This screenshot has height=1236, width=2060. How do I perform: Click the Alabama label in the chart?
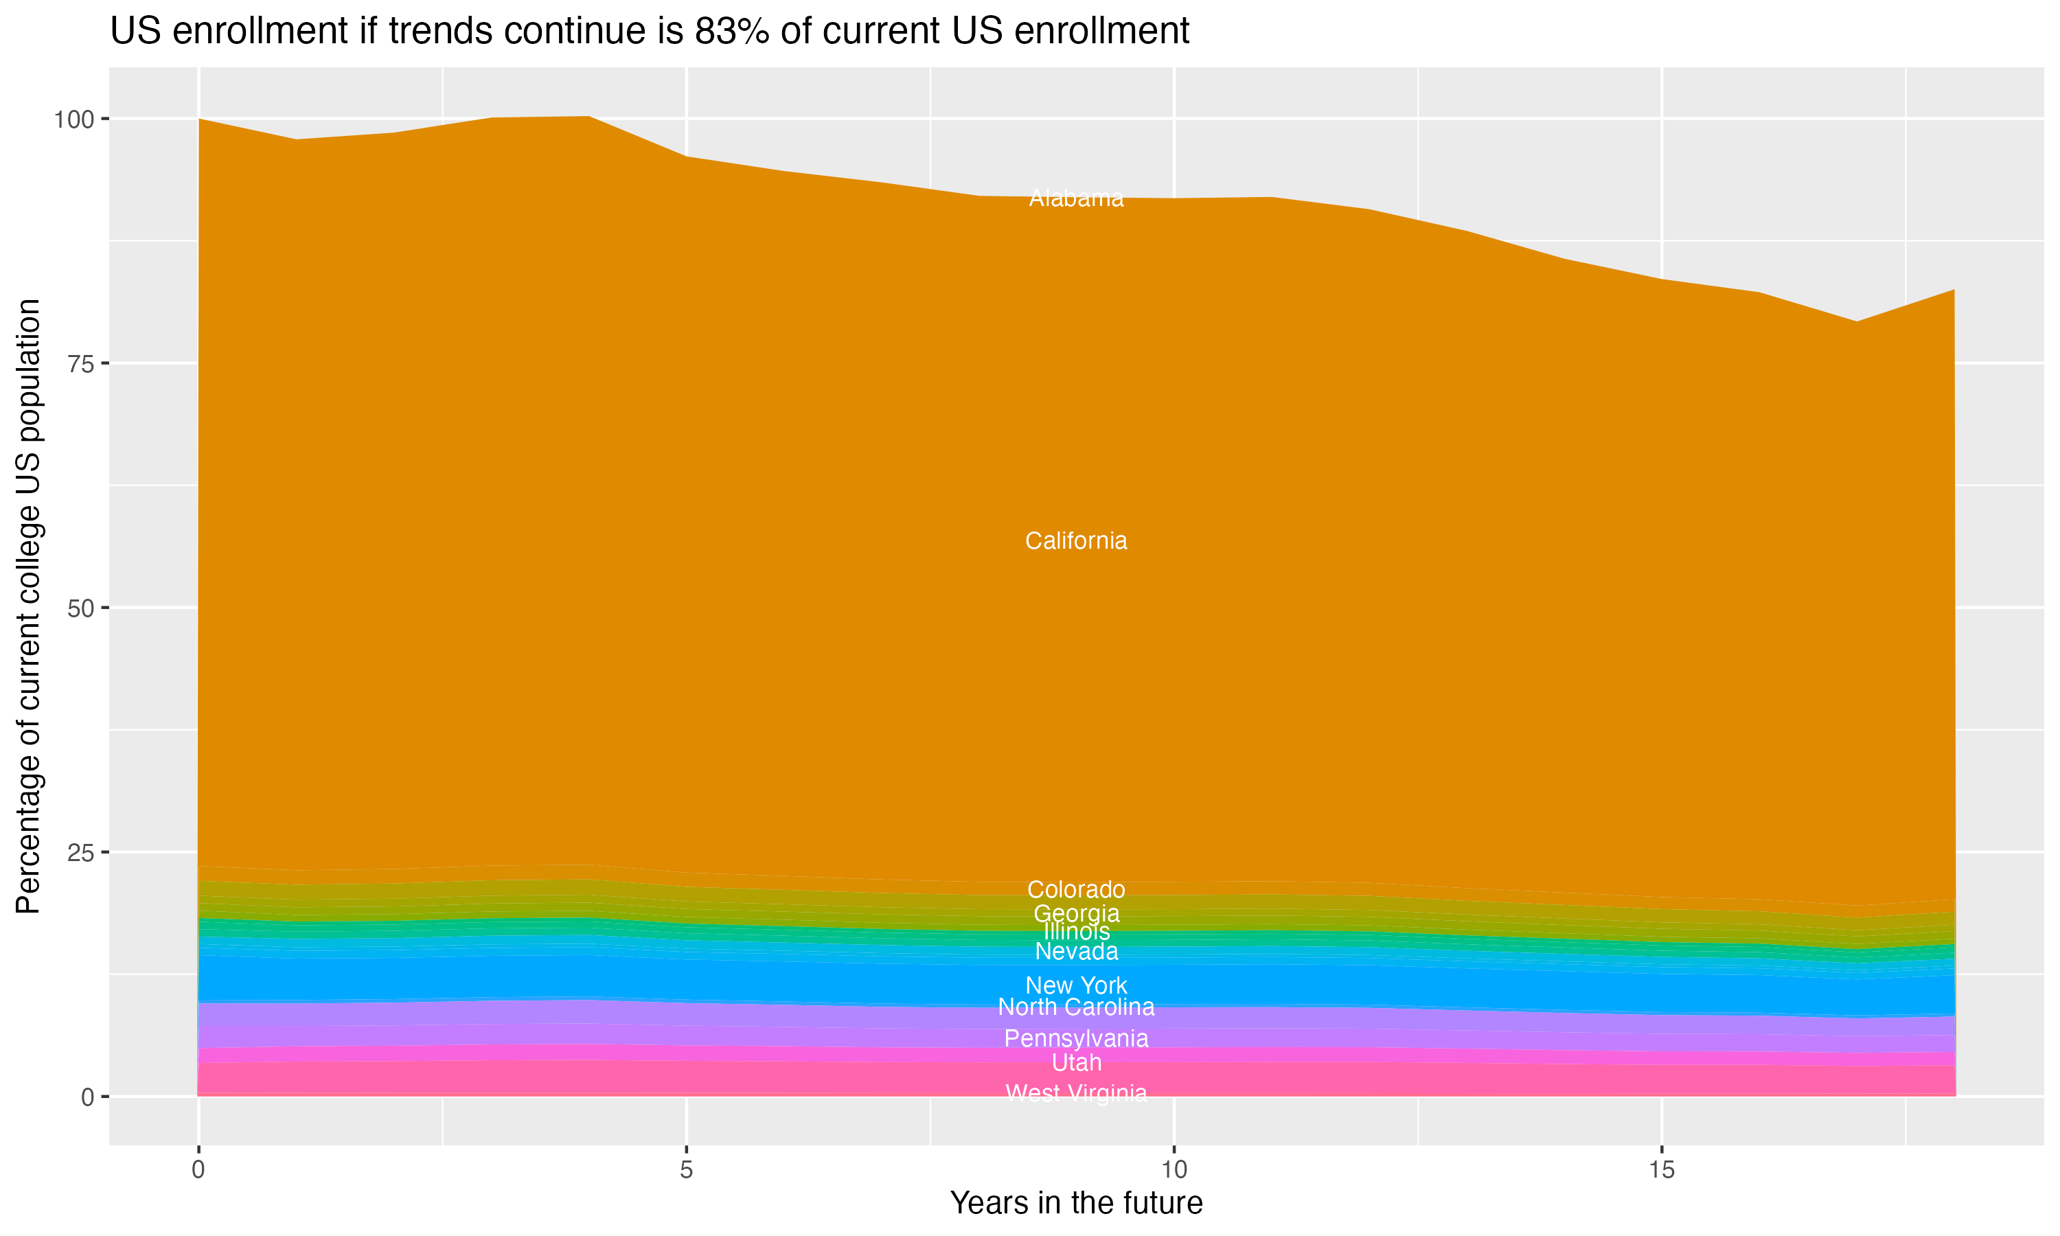coord(1076,198)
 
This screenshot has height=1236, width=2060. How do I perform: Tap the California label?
coord(1076,540)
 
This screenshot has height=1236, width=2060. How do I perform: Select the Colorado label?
coord(1076,889)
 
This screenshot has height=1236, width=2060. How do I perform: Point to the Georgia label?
coord(1076,913)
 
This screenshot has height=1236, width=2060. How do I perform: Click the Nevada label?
coord(1076,951)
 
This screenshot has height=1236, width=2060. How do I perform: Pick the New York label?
coord(1076,985)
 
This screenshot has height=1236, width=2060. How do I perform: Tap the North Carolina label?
coord(1076,1007)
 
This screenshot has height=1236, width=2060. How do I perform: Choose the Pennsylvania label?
coord(1076,1039)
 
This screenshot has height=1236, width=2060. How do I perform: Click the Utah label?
coord(1076,1063)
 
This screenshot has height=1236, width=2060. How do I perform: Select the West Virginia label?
coord(1076,1092)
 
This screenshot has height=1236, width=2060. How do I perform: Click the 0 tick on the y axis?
coord(87,1097)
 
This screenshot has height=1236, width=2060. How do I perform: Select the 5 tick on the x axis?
coord(686,1170)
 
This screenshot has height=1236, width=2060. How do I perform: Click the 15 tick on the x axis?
coord(1661,1170)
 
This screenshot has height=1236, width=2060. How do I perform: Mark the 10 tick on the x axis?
coord(1174,1170)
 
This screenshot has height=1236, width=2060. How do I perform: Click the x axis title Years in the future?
coord(1076,1202)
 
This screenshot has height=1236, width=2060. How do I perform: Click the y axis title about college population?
coord(29,606)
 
